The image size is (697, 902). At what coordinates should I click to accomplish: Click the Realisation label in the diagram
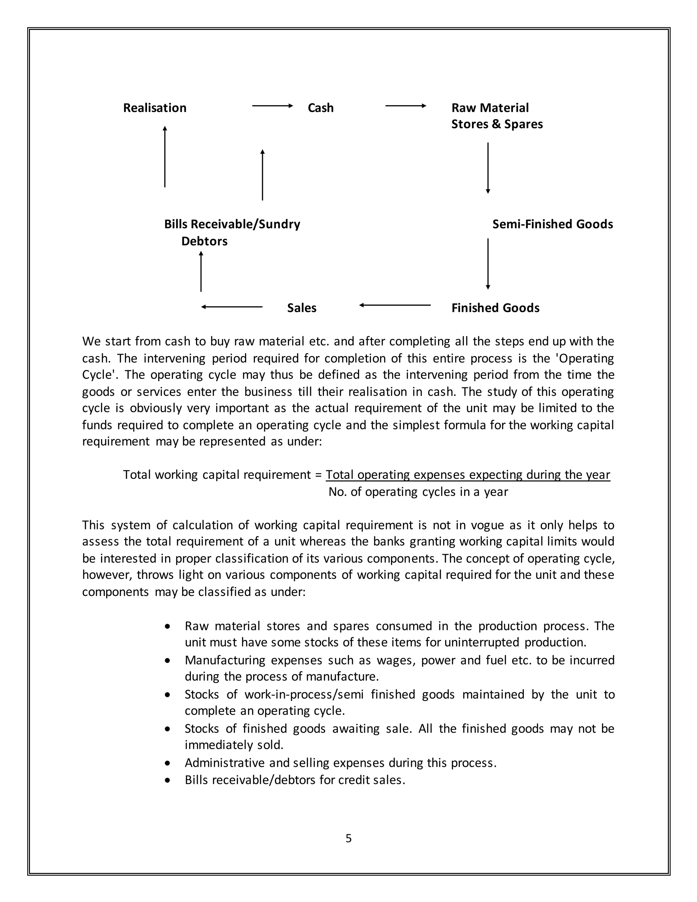[x=155, y=108]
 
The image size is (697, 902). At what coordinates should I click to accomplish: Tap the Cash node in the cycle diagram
[x=320, y=108]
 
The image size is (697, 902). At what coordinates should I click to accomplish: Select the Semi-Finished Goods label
[x=552, y=224]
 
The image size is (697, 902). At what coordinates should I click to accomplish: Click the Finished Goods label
[x=495, y=308]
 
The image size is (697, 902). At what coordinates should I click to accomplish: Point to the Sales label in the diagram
[x=302, y=308]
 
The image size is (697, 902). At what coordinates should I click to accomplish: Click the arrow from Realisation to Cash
[x=272, y=106]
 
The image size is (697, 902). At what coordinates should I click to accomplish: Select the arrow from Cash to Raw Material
[x=405, y=106]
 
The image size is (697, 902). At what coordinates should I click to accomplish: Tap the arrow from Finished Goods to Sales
[x=395, y=305]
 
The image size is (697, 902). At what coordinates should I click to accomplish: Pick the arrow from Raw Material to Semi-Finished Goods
[x=488, y=168]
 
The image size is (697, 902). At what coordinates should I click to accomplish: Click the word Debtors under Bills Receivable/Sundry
[x=205, y=241]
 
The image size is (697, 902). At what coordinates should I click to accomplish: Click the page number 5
[x=348, y=838]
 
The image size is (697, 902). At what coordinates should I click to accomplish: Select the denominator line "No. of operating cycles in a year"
[x=418, y=492]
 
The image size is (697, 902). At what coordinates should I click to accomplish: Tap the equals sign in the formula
[x=318, y=475]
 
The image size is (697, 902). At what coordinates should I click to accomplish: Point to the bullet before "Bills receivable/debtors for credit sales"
[x=167, y=780]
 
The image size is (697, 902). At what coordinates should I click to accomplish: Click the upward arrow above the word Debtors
[x=201, y=271]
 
